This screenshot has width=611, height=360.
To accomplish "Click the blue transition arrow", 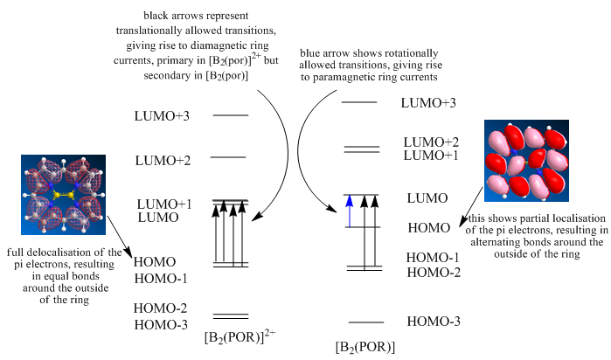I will pyautogui.click(x=349, y=211).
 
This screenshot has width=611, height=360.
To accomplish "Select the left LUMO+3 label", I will pyautogui.click(x=162, y=115).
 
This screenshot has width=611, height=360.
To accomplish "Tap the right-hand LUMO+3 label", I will pyautogui.click(x=427, y=102).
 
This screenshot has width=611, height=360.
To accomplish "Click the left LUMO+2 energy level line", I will pyautogui.click(x=227, y=157).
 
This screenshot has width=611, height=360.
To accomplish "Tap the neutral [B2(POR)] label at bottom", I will pyautogui.click(x=365, y=347).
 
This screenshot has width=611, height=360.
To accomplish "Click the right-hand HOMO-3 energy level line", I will pyautogui.click(x=365, y=322).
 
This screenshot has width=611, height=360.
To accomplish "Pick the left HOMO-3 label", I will pyautogui.click(x=161, y=324).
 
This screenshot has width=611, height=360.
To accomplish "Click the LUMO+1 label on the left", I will pyautogui.click(x=164, y=204).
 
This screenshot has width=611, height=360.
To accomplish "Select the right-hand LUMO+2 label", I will pyautogui.click(x=431, y=142).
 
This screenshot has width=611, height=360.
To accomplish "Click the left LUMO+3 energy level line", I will pyautogui.click(x=231, y=115).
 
